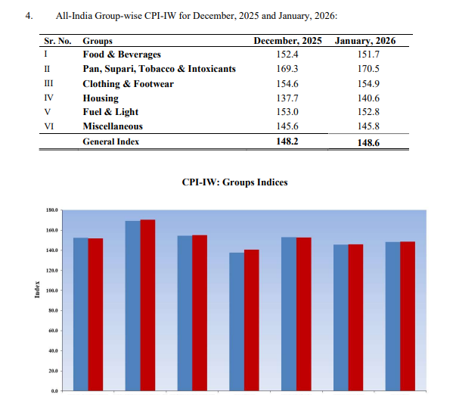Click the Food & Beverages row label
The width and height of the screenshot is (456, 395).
tap(122, 54)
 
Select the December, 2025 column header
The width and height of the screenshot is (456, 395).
tap(287, 40)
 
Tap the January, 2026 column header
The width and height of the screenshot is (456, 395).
tap(365, 40)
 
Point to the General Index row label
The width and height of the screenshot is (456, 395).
tap(110, 141)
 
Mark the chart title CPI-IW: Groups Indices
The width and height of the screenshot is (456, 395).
tap(234, 182)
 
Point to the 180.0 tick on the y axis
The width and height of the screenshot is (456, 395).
tap(52, 210)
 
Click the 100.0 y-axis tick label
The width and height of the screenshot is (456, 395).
tap(52, 291)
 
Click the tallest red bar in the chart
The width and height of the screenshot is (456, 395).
tap(147, 303)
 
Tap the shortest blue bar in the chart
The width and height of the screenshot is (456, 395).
tap(237, 322)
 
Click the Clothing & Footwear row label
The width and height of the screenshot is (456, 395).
tap(128, 83)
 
